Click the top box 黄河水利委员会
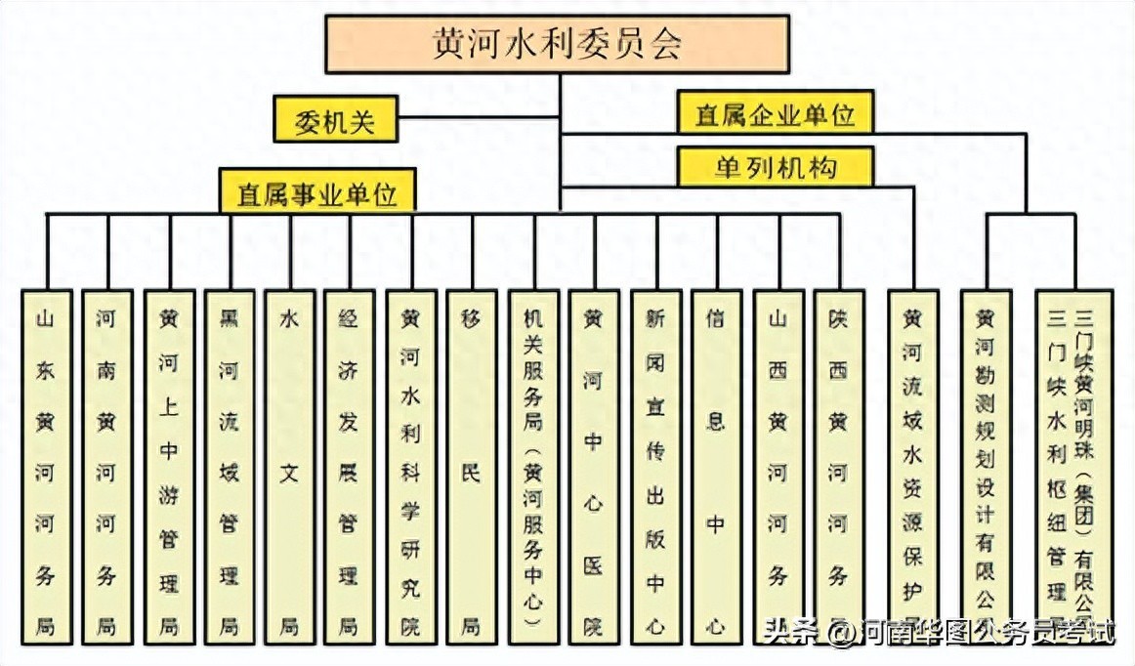[558, 44]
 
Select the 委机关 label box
[334, 122]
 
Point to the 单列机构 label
[775, 167]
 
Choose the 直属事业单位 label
[317, 192]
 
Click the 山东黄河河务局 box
[46, 467]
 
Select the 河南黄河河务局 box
[106, 467]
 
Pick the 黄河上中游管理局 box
[168, 467]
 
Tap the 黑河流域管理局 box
[229, 467]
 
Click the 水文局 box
[289, 467]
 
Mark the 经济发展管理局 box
[350, 467]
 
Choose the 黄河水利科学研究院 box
[410, 467]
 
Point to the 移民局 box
[472, 467]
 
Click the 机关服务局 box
[533, 467]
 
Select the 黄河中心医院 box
[594, 467]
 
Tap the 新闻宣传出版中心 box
[654, 467]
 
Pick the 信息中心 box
[716, 467]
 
